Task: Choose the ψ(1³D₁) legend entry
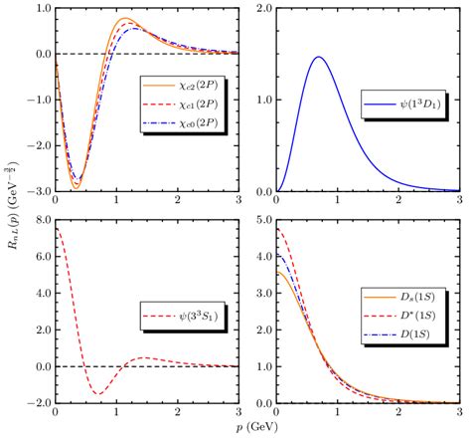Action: pos(398,103)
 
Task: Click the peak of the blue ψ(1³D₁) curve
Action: pos(319,57)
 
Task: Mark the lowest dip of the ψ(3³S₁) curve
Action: pos(99,394)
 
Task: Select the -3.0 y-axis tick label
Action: pos(37,192)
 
